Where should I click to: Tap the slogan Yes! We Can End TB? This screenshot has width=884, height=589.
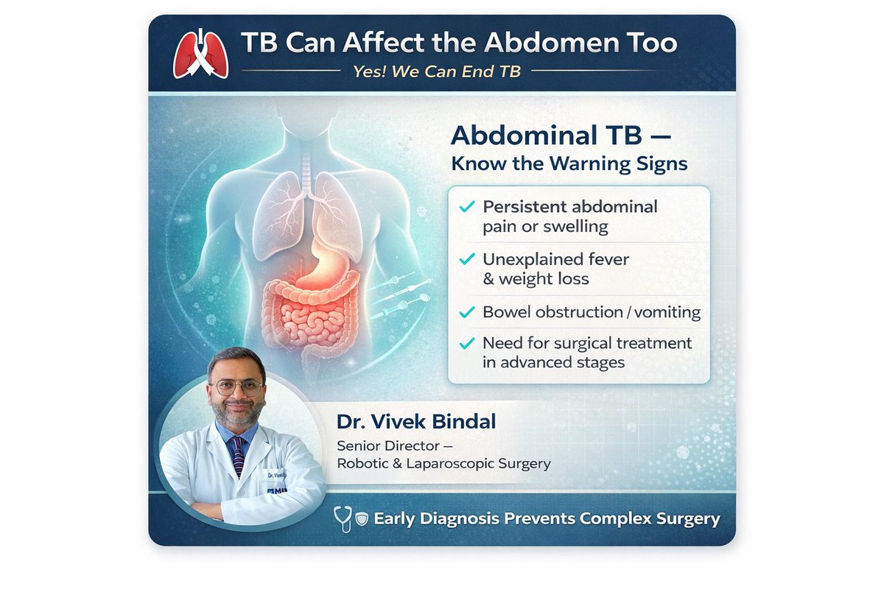click(437, 72)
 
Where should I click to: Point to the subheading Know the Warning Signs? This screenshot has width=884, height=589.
click(569, 163)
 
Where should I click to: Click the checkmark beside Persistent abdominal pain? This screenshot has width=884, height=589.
click(466, 208)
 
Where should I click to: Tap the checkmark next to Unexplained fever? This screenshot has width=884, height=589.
click(466, 260)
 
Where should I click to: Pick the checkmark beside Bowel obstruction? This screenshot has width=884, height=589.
click(466, 312)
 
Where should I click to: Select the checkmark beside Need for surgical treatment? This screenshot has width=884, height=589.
click(466, 344)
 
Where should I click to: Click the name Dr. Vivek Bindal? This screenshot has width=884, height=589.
click(416, 422)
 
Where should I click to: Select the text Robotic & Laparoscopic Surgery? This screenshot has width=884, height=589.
click(443, 464)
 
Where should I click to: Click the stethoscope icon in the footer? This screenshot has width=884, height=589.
click(343, 518)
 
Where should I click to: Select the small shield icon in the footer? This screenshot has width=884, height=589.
click(362, 519)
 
